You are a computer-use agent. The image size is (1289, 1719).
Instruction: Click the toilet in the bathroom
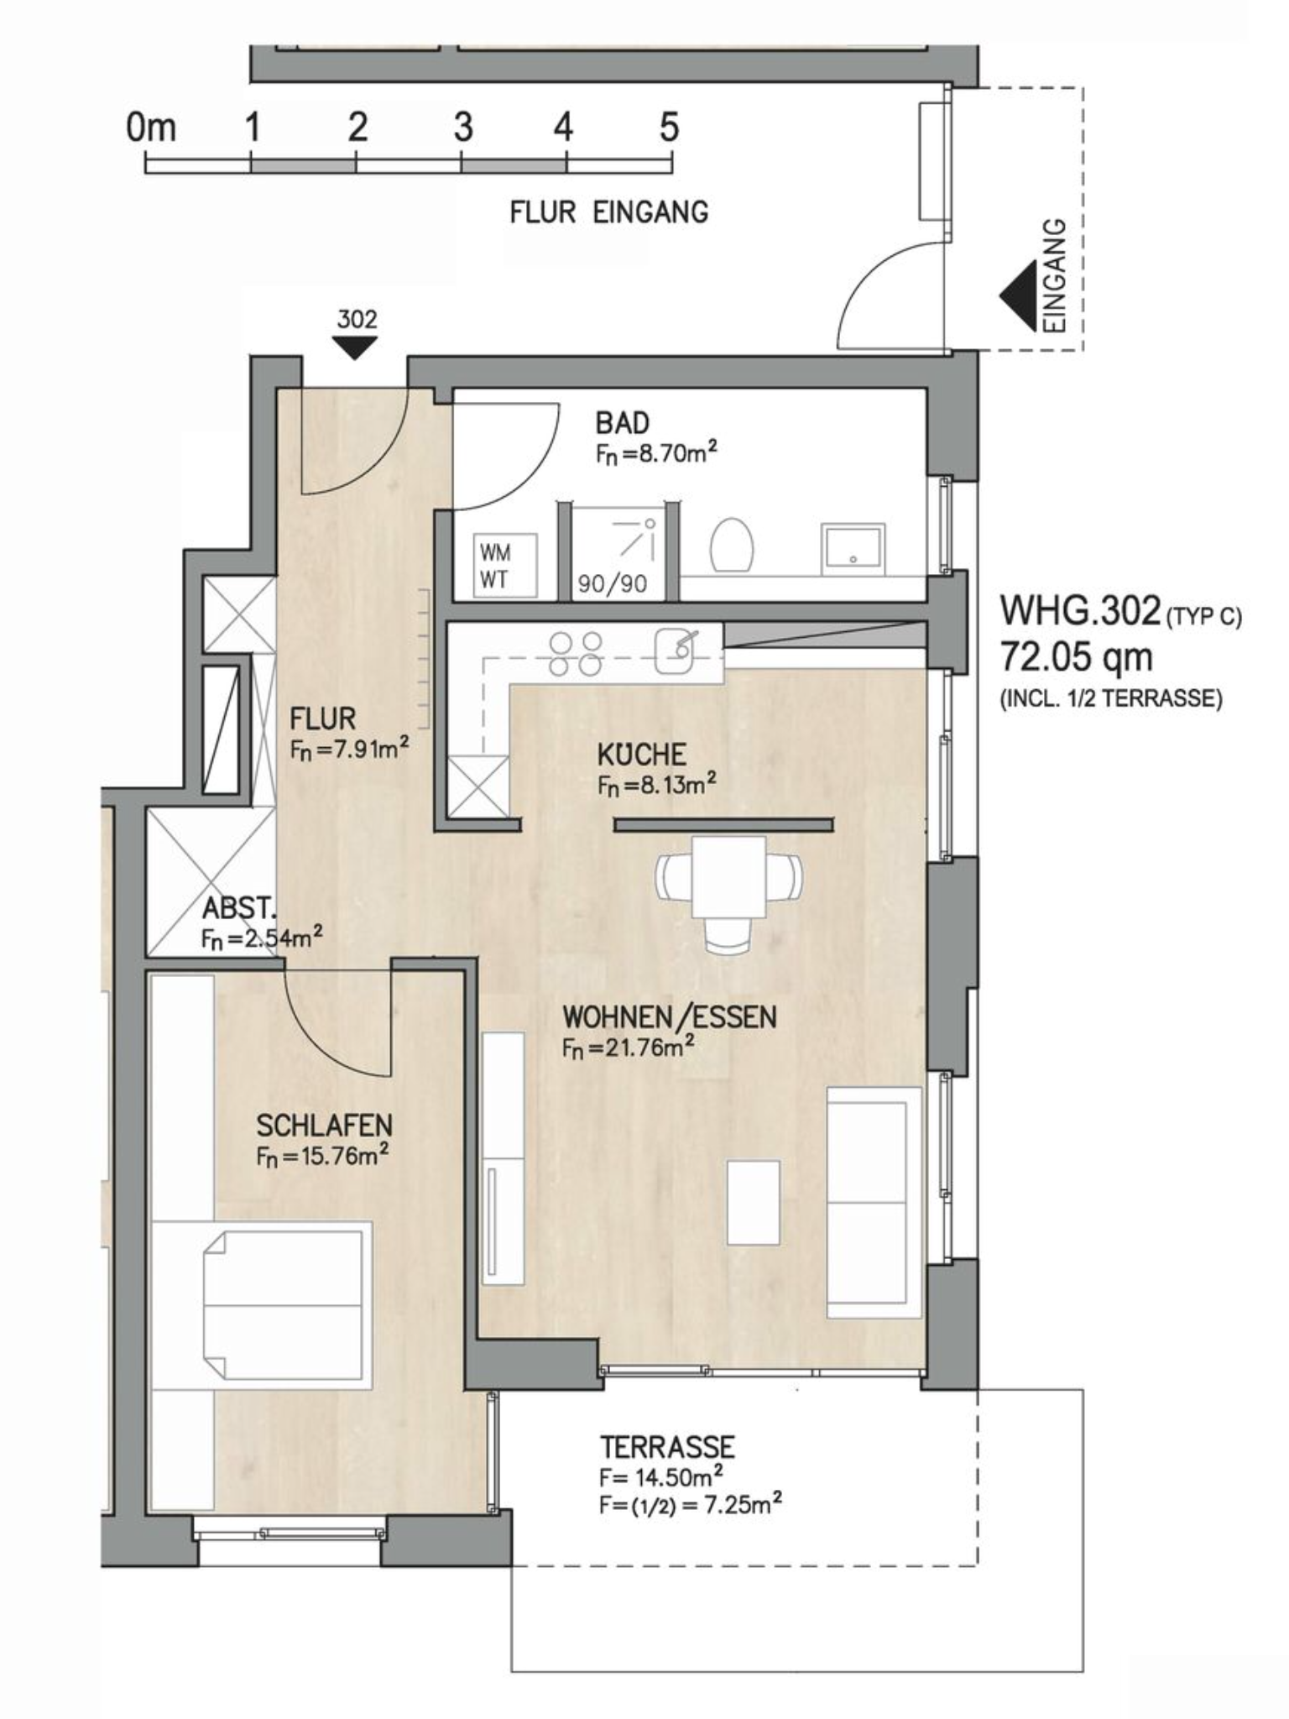pyautogui.click(x=732, y=546)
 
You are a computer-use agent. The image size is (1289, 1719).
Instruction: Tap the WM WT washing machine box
pyautogui.click(x=505, y=565)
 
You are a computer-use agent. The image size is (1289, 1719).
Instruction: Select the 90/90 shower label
pyautogui.click(x=613, y=583)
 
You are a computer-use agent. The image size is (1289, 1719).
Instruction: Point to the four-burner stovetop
pyautogui.click(x=576, y=654)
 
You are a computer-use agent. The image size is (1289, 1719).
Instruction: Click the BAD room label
pyautogui.click(x=622, y=422)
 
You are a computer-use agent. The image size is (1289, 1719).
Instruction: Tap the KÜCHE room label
pyautogui.click(x=642, y=754)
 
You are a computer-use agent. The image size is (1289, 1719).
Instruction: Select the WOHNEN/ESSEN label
pyautogui.click(x=670, y=1016)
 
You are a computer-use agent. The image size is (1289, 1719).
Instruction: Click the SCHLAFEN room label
pyautogui.click(x=325, y=1125)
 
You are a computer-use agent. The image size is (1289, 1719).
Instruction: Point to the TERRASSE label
pyautogui.click(x=668, y=1447)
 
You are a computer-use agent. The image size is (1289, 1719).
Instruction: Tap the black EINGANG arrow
pyautogui.click(x=1016, y=296)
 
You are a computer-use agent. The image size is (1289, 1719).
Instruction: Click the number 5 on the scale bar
pyautogui.click(x=669, y=128)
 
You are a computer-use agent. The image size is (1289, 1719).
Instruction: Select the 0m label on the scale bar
pyautogui.click(x=151, y=128)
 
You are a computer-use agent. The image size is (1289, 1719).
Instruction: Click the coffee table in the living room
pyautogui.click(x=754, y=1202)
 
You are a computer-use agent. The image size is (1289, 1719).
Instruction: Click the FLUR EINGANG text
pyautogui.click(x=609, y=212)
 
